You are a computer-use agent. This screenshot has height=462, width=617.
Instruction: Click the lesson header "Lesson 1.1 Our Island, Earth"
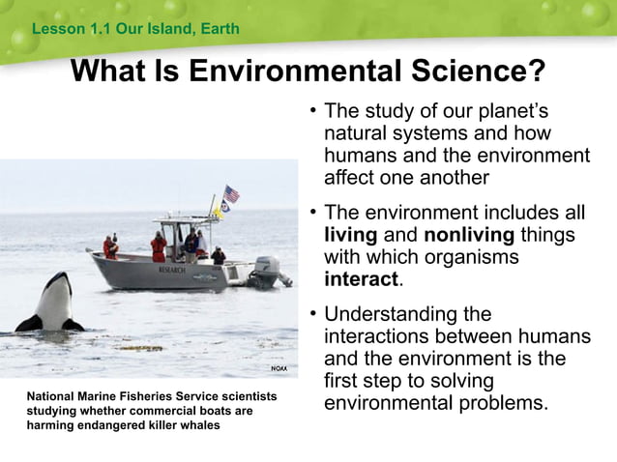click(x=135, y=29)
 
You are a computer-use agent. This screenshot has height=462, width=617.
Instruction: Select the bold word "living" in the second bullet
click(x=350, y=235)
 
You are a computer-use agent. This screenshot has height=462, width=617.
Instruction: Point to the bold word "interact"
click(x=361, y=279)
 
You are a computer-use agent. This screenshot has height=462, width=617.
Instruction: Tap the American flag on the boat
click(x=231, y=193)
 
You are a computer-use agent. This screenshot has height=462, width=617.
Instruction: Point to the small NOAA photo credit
click(x=278, y=368)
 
